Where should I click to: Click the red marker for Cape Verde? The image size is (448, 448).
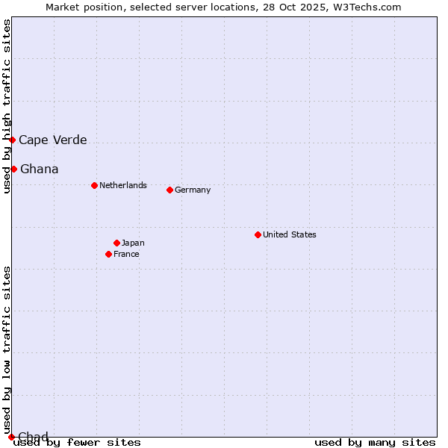pos(12,140)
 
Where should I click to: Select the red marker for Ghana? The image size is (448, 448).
pos(13,169)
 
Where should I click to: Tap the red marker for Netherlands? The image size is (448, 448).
pos(94,185)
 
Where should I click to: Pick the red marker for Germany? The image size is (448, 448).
pos(169,190)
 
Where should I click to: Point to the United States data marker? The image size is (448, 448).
pos(258,234)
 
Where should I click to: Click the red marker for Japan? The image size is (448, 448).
pos(116,243)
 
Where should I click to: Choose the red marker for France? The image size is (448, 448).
pos(109,254)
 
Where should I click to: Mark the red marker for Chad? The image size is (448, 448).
pos(11,437)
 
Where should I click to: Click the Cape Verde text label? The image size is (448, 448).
pos(52,140)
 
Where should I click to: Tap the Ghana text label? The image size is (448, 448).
pos(39,169)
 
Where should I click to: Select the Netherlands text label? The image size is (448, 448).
pos(123,185)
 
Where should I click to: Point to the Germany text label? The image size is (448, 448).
pos(193,190)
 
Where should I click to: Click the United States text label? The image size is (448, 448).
pos(290,234)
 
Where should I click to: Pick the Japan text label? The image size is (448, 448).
pos(133,243)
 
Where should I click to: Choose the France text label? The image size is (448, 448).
pos(126,254)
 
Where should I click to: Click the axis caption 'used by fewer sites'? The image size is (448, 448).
pos(78,443)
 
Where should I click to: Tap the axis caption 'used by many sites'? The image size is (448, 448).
pos(375,443)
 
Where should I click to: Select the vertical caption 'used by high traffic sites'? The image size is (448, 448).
pos(7,106)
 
